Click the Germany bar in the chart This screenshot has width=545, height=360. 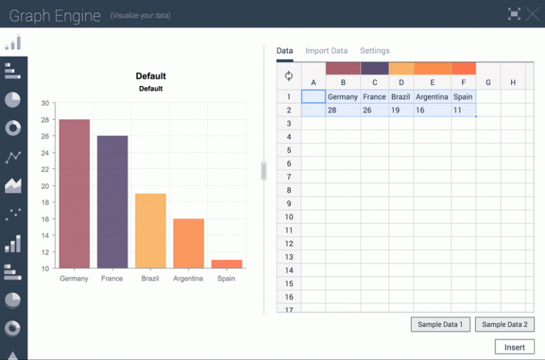(74, 193)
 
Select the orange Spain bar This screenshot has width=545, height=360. (226, 264)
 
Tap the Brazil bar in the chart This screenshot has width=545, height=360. (150, 230)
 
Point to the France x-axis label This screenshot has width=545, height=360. (112, 278)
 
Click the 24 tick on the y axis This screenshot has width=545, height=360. (45, 153)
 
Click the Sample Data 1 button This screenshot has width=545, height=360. (440, 324)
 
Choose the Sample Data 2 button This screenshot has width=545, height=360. (505, 324)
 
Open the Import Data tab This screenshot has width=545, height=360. (326, 51)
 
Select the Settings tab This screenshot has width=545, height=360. (375, 51)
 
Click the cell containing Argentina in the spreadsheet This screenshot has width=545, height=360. (431, 97)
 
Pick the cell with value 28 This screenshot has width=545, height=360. (343, 110)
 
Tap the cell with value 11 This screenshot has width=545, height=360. (463, 110)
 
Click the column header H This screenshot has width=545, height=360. (512, 82)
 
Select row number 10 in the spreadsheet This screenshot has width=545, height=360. (289, 217)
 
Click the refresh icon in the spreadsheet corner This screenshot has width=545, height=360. (289, 76)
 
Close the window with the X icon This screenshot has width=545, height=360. (532, 13)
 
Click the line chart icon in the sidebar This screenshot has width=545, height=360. (13, 157)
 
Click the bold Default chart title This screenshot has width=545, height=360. (150, 76)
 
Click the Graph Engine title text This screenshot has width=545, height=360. (55, 16)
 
